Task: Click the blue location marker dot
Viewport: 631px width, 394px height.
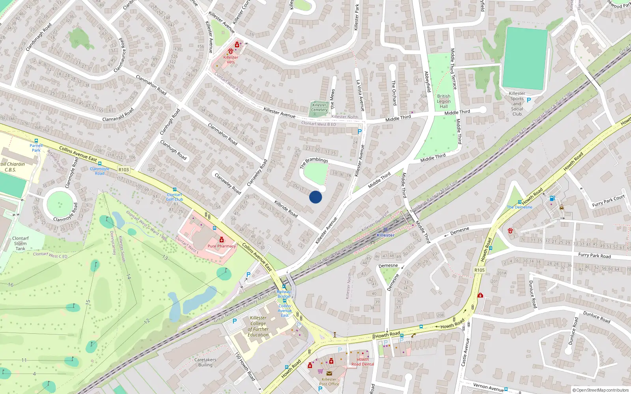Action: [315, 197]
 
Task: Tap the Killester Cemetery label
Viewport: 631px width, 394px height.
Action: [319, 107]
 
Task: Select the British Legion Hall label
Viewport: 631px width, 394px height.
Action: [444, 101]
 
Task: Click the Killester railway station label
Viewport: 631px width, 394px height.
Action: [385, 235]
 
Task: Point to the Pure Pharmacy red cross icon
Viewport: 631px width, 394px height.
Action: [222, 240]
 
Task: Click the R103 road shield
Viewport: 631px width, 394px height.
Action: [123, 170]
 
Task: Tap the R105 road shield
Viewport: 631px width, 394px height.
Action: [480, 270]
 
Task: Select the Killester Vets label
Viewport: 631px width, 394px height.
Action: [231, 59]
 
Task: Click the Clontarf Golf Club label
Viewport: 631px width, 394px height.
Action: [174, 197]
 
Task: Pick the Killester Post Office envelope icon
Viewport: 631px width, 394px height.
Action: [329, 373]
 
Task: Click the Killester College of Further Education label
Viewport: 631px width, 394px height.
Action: [258, 326]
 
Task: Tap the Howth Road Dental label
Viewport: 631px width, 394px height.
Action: [362, 362]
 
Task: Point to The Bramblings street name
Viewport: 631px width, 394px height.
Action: [314, 162]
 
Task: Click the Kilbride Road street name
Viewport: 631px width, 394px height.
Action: [286, 209]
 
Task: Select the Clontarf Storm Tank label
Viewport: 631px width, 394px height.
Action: [20, 243]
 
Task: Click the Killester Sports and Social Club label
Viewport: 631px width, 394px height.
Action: [517, 104]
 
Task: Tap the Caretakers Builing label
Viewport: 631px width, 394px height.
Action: [205, 362]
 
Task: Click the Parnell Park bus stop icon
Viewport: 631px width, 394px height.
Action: [36, 141]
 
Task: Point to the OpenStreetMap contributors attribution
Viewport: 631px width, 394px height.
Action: [601, 390]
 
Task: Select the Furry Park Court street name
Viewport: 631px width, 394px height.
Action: [608, 201]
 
